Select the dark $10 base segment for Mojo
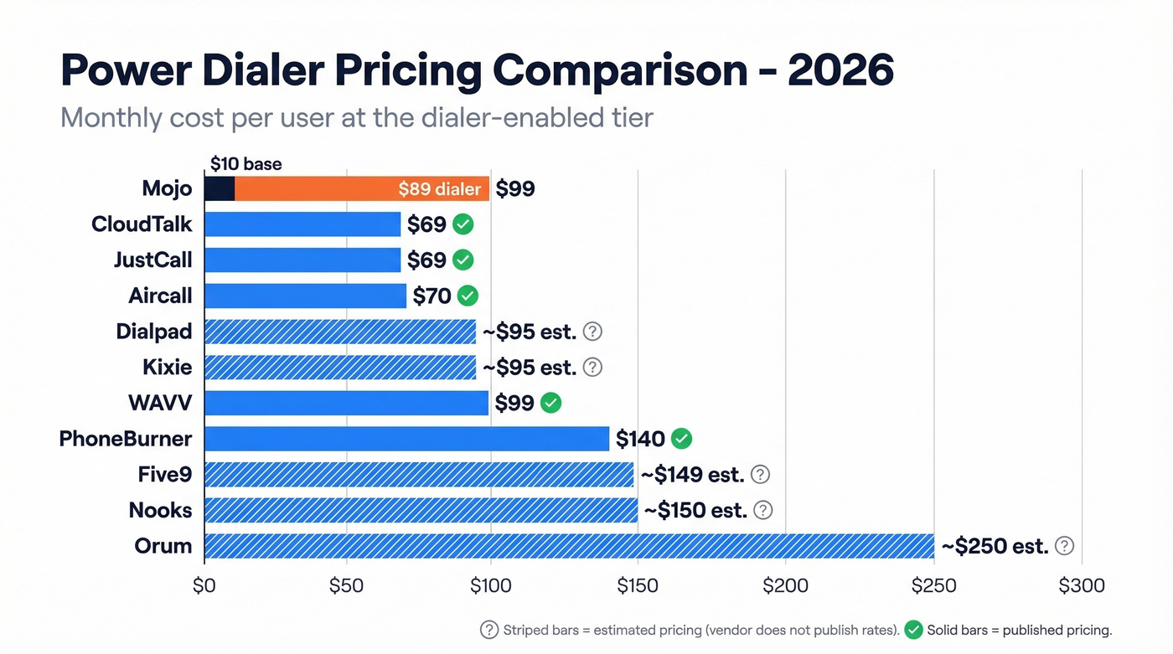click(220, 188)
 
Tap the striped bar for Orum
click(570, 546)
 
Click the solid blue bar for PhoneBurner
click(406, 439)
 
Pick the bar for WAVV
click(346, 403)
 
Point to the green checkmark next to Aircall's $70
click(468, 296)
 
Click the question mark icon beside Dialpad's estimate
click(592, 332)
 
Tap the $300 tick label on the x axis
click(1083, 585)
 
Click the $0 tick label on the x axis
click(204, 585)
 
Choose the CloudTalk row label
click(142, 224)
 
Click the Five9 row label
click(165, 475)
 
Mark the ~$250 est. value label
click(995, 547)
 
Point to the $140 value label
click(640, 439)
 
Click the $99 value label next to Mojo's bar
click(515, 189)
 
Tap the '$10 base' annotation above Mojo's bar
click(245, 164)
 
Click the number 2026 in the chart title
click(840, 70)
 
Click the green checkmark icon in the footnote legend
click(914, 630)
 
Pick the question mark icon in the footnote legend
click(488, 630)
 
